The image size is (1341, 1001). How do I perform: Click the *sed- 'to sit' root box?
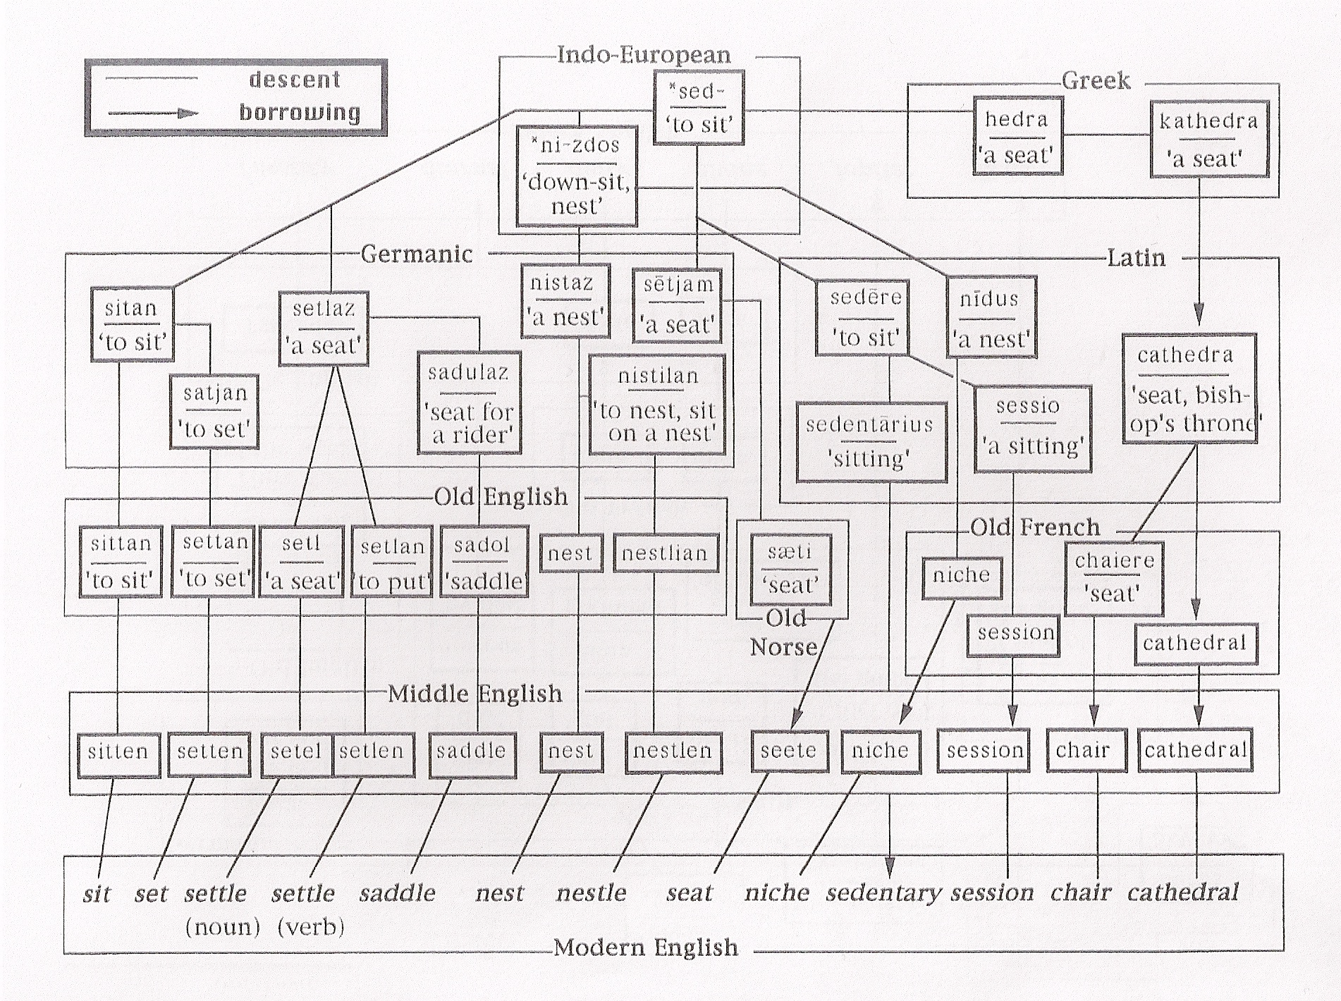(698, 108)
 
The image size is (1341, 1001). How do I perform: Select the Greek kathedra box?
(1208, 140)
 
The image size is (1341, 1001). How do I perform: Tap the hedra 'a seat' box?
(1017, 137)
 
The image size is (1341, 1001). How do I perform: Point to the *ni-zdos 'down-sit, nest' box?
(577, 176)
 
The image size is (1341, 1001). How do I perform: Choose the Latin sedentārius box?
(870, 442)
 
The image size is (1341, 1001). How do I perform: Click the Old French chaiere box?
(1114, 577)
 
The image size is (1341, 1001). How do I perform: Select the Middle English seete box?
(788, 751)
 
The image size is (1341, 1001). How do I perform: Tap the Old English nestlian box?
(665, 553)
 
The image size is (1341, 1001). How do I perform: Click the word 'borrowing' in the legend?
(300, 113)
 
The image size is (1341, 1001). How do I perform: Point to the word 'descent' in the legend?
(295, 80)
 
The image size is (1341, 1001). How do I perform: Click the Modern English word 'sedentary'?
(883, 893)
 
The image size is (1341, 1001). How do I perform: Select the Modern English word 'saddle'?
(398, 893)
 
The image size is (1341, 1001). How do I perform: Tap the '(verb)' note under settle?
(311, 926)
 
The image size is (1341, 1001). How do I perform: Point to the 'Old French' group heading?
(1035, 527)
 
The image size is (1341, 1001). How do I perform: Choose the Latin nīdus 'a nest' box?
(990, 319)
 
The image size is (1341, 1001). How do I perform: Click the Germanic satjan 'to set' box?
(214, 412)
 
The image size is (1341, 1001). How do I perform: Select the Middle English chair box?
(1082, 751)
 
